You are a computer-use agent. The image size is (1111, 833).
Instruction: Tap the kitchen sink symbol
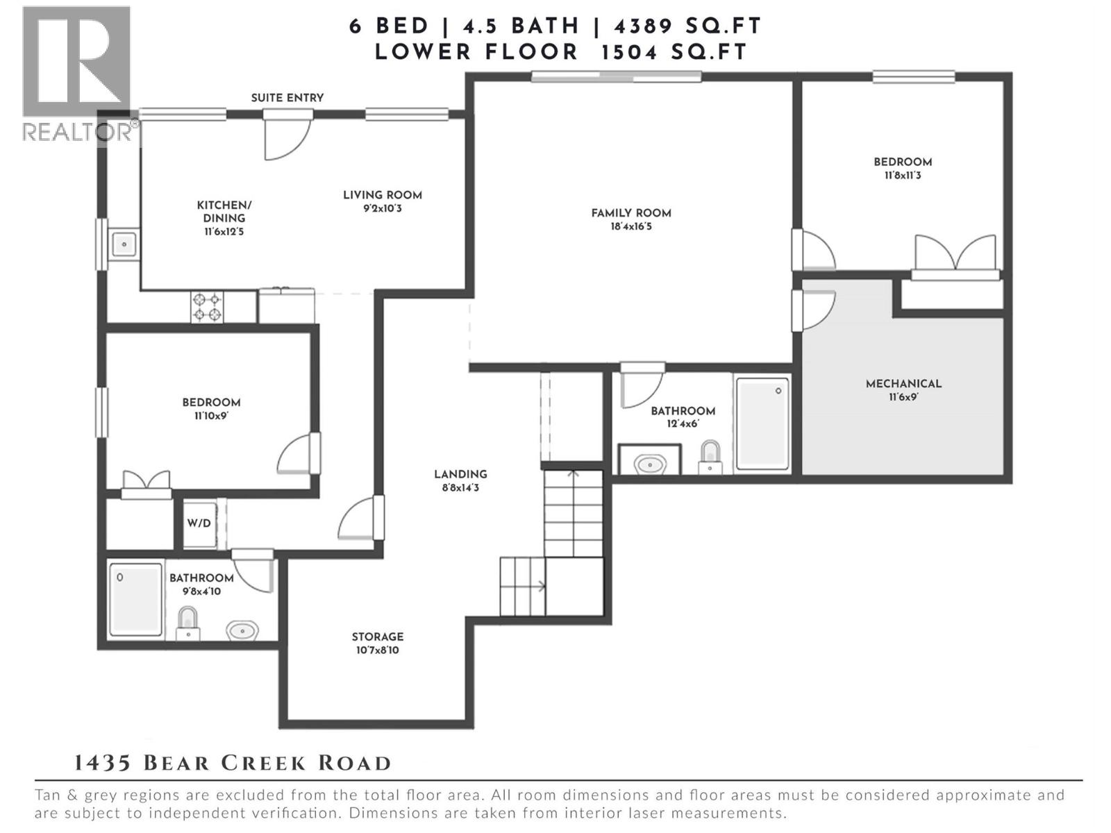124,244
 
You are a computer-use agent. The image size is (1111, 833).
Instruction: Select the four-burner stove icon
207,307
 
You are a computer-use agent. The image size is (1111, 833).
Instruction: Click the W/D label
199,523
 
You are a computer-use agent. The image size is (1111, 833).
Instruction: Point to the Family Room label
630,213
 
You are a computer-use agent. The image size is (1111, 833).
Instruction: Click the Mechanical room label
903,384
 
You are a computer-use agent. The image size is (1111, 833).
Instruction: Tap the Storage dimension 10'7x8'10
377,650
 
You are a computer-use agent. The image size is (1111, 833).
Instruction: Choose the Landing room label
460,474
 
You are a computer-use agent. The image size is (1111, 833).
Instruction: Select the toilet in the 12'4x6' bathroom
710,456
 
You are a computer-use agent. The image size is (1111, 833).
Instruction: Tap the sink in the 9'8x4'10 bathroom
242,630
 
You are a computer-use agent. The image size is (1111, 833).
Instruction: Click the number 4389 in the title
643,26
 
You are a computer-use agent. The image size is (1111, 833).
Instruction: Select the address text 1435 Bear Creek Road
233,763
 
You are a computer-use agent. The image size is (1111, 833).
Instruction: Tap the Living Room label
382,195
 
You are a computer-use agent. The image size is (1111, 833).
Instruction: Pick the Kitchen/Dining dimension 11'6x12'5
224,231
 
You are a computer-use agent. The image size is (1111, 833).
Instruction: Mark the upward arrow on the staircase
573,476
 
